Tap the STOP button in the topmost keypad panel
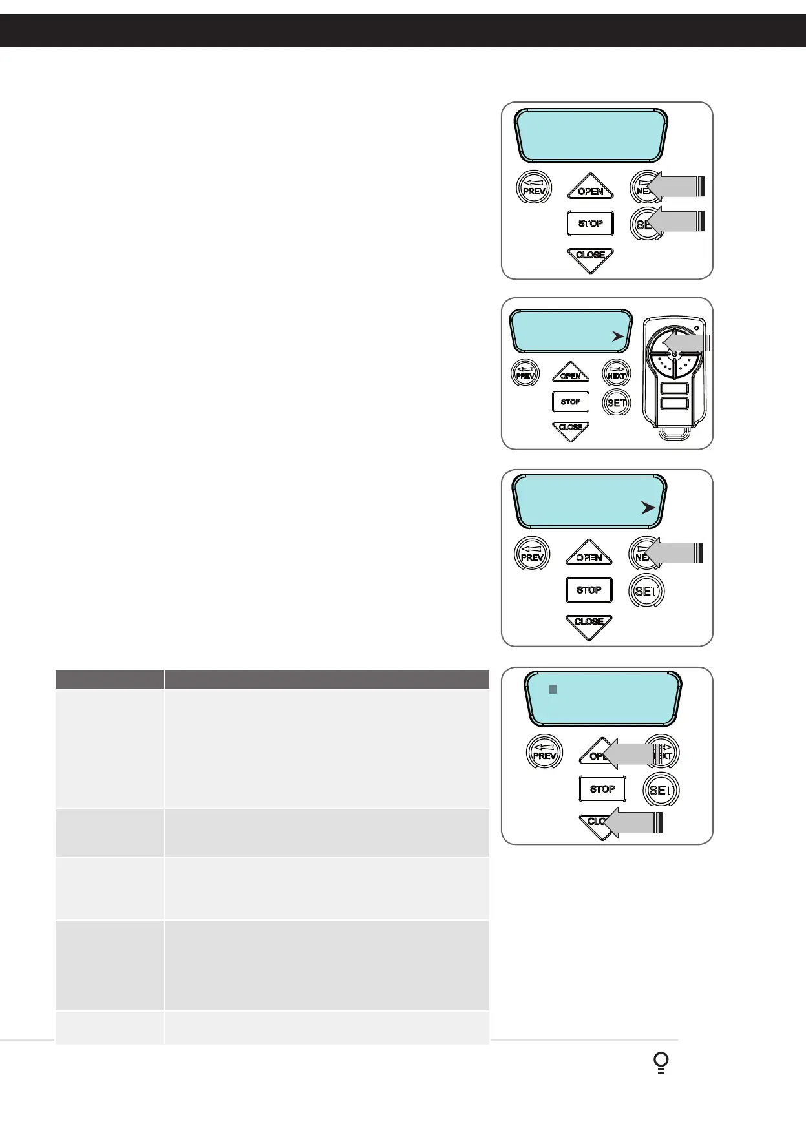[x=590, y=224]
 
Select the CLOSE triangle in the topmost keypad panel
[x=590, y=258]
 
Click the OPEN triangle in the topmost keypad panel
[x=590, y=188]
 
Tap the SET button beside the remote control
[x=617, y=402]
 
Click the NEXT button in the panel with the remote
[x=617, y=373]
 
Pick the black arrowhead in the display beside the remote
[x=619, y=337]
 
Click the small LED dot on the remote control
[x=696, y=328]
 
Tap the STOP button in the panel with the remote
[x=571, y=402]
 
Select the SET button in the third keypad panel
[x=646, y=590]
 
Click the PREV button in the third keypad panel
[x=532, y=554]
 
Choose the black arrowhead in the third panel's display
[x=648, y=508]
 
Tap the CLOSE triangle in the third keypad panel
[x=589, y=625]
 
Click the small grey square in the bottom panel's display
[x=553, y=690]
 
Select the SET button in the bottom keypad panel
[x=661, y=789]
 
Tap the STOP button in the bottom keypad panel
[x=602, y=789]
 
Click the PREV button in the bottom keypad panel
[x=544, y=753]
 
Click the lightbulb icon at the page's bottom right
[x=661, y=1063]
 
